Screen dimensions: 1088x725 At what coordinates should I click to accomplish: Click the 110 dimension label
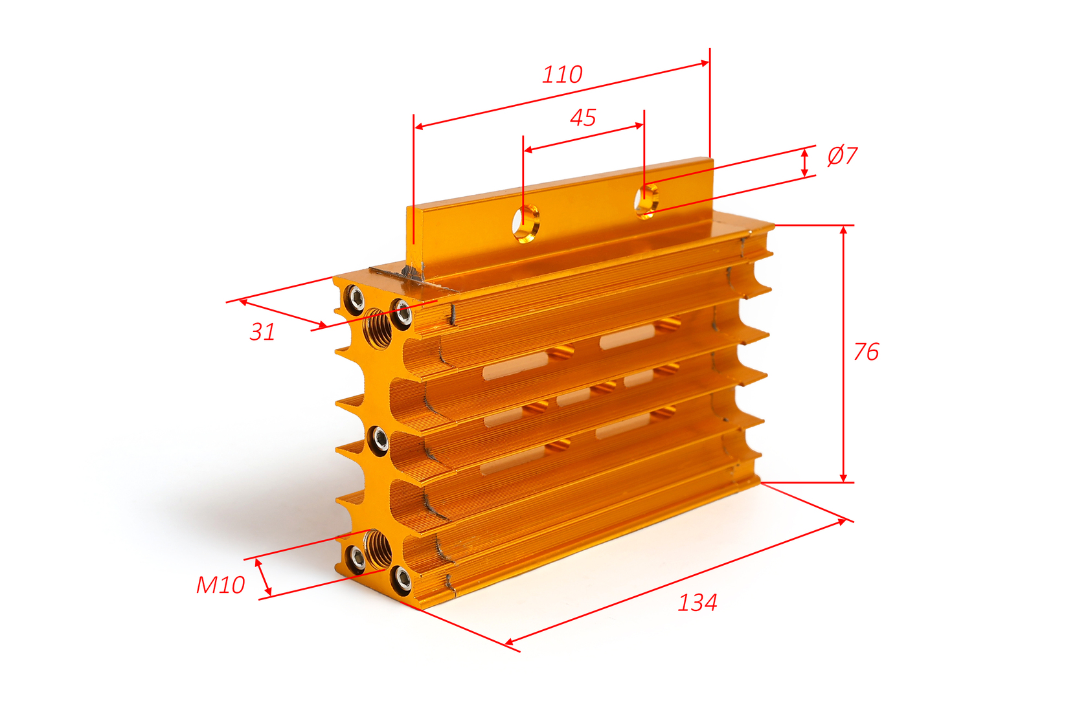pos(562,74)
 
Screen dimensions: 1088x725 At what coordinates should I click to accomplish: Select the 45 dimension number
pos(583,118)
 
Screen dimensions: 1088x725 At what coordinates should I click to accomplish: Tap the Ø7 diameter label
pos(842,155)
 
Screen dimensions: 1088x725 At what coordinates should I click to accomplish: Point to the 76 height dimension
pos(866,351)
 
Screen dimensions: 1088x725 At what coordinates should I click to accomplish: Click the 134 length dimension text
pos(697,603)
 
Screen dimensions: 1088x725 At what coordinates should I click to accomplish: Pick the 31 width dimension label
pos(262,332)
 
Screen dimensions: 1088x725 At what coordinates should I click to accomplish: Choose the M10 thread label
pos(220,585)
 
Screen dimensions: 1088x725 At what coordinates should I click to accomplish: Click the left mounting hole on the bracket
pos(526,223)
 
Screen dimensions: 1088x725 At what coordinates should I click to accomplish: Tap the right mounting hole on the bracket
pos(647,201)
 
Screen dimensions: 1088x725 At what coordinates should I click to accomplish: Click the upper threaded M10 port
pos(378,328)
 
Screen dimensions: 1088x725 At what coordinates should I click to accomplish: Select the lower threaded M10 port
pos(378,549)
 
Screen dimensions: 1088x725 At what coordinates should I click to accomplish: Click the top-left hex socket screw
pos(354,298)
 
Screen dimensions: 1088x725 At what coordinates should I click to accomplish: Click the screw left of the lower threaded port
pos(356,559)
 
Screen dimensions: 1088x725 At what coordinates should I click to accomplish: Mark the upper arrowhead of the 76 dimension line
pos(844,230)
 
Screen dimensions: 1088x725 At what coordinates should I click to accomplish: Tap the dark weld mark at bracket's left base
pos(411,273)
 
